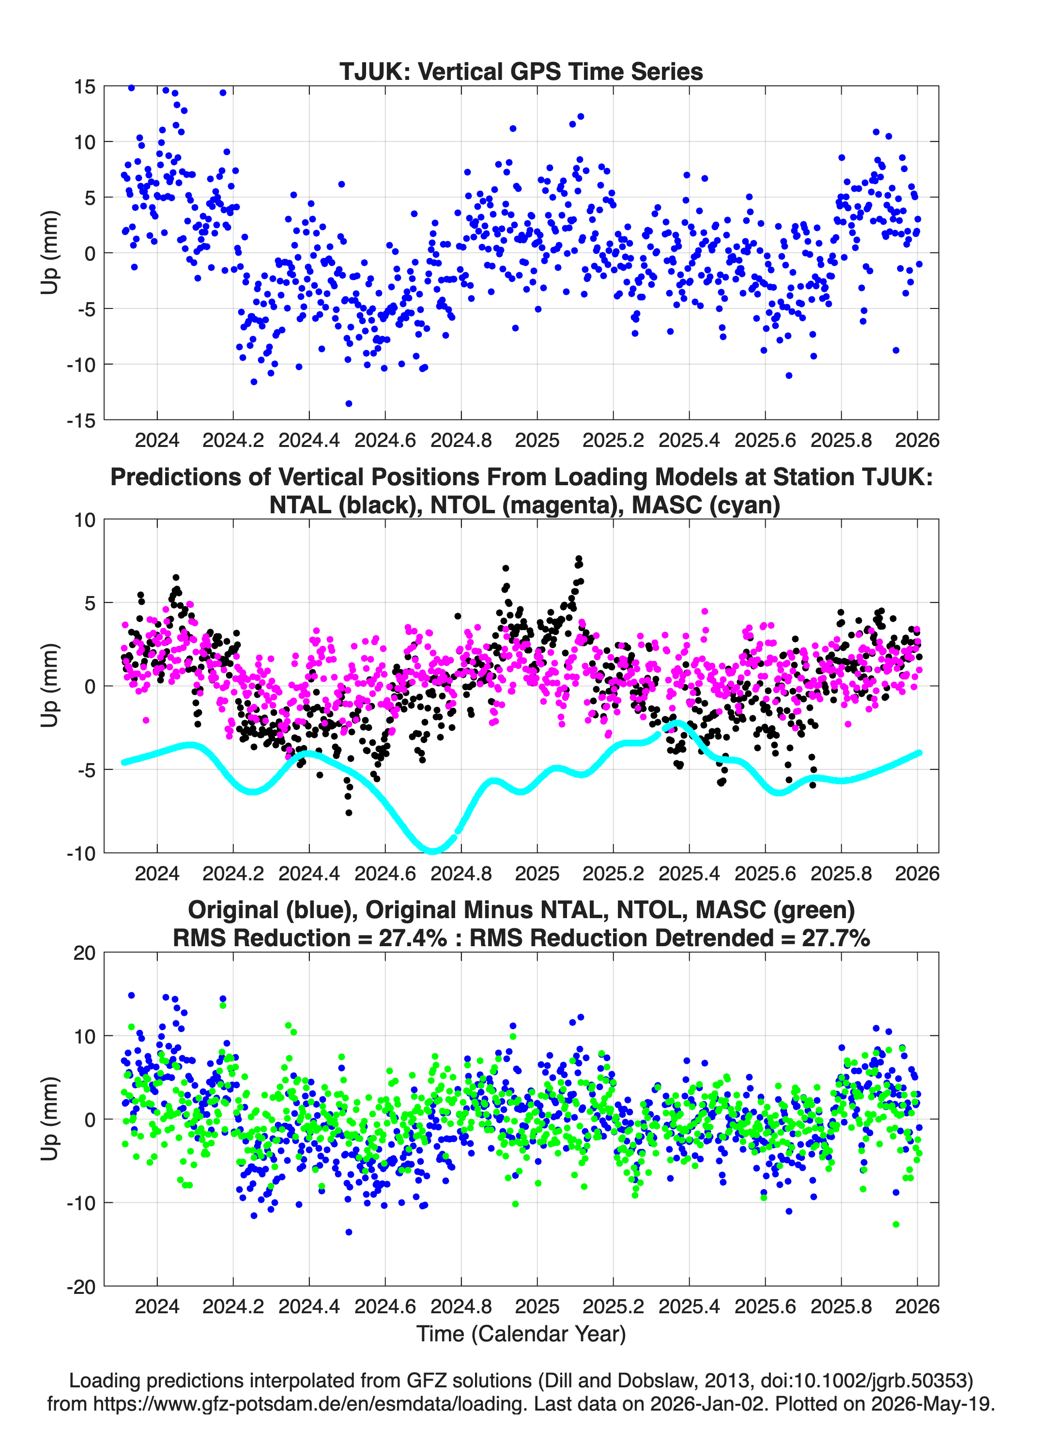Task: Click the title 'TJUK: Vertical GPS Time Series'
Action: coord(521,71)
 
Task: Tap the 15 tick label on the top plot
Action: coord(84,87)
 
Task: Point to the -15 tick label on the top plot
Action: coord(81,420)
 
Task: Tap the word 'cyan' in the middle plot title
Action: coord(738,505)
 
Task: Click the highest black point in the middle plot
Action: coord(579,558)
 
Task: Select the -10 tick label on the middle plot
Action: coord(81,853)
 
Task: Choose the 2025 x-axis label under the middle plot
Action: coord(537,873)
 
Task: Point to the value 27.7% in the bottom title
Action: coord(836,938)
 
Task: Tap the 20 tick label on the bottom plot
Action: coord(84,953)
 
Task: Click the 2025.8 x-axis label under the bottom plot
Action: coord(841,1306)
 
